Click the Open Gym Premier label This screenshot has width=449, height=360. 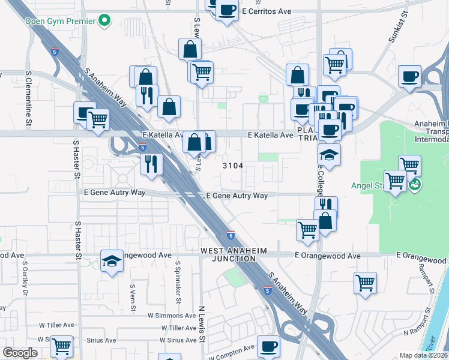(60, 22)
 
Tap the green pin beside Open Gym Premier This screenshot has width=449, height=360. (106, 21)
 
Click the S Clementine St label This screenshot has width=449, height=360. (28, 99)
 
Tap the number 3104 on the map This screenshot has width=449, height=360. (233, 166)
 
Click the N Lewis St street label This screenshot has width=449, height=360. (202, 324)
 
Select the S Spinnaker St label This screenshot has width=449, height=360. (178, 282)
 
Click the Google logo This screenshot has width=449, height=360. (19, 353)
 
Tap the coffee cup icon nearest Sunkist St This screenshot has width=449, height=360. (410, 77)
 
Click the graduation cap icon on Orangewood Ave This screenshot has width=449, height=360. (112, 261)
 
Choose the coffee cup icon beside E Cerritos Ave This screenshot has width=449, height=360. (227, 11)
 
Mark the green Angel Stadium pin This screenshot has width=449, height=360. (414, 185)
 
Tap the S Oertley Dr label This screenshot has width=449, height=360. (25, 278)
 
